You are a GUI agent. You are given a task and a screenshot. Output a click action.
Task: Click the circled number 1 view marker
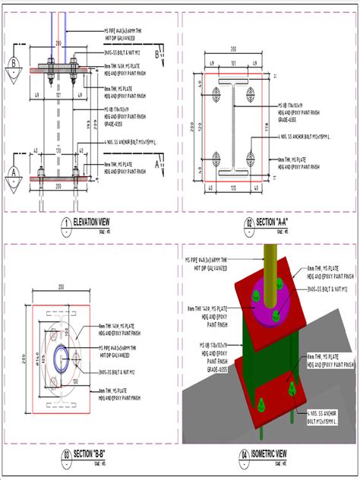click(x=67, y=223)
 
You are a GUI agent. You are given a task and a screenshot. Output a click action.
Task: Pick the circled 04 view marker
click(x=245, y=456)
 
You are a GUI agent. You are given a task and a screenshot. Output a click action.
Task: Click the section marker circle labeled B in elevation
click(x=13, y=64)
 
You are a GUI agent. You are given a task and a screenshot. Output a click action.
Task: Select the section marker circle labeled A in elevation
click(x=13, y=172)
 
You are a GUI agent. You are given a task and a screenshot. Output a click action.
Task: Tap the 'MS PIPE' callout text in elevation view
click(x=121, y=31)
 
